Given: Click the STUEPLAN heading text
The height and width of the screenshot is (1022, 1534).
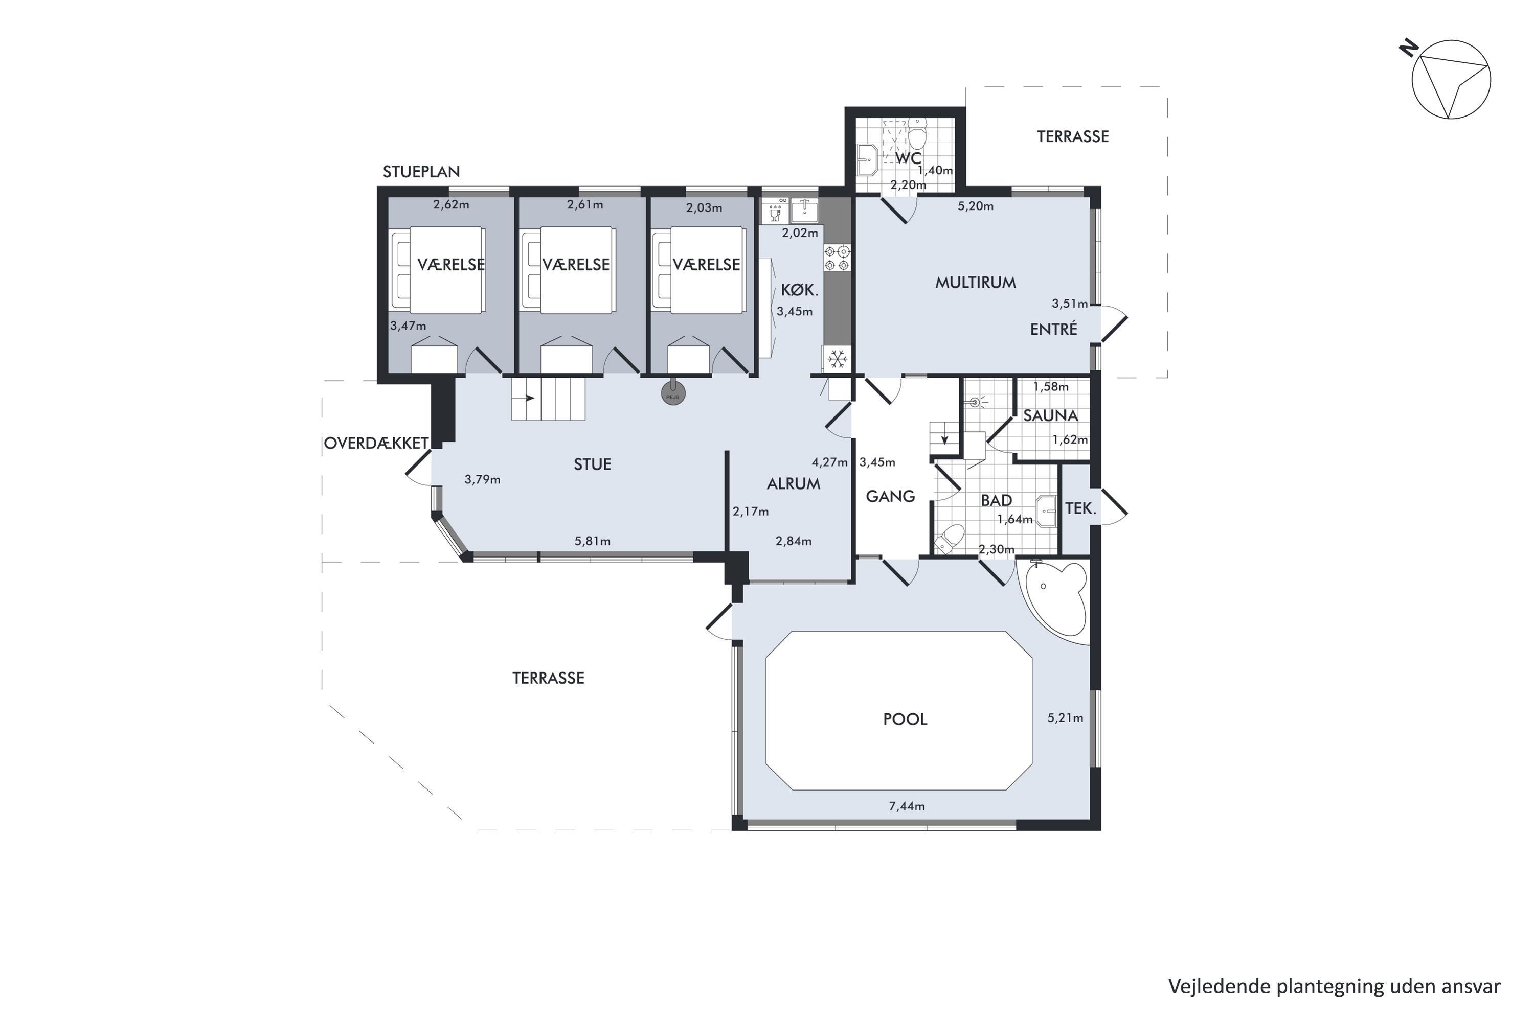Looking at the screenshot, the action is coord(421,171).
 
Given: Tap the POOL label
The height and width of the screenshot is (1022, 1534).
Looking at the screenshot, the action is coord(905,719).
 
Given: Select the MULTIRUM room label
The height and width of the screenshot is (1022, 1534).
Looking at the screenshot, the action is coord(975,282).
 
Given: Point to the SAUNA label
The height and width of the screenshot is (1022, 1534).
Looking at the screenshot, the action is coord(1050,415).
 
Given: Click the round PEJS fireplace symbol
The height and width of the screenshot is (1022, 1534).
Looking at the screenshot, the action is coord(673,393).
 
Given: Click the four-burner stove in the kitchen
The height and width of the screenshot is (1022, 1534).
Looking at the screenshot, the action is coord(837,258).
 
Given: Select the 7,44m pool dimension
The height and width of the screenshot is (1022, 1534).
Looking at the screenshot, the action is coord(907,806).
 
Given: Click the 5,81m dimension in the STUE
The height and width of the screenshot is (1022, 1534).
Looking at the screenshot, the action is coord(592,541).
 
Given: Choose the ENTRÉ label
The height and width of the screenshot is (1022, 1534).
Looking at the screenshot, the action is coord(1053,329).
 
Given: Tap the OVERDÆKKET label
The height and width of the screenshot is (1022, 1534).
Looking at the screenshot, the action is coord(376,443).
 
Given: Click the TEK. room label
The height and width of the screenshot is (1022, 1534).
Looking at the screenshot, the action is coord(1080,508).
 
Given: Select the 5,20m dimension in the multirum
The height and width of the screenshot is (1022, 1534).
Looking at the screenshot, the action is coord(975,206).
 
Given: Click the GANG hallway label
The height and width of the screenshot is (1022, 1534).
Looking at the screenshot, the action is coord(890,497).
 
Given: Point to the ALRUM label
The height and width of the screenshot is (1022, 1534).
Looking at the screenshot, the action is coord(793,483).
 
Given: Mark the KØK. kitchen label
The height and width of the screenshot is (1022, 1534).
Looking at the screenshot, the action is coord(799,291).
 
